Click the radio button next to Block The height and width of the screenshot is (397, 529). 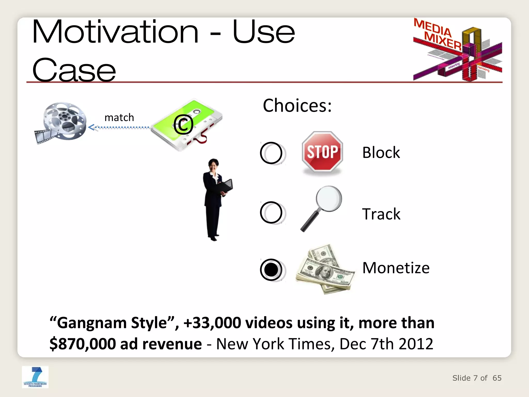[x=271, y=153]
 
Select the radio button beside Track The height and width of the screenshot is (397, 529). [x=271, y=212]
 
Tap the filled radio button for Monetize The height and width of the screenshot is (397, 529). [x=271, y=270]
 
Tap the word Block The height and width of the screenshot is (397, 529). [x=381, y=152]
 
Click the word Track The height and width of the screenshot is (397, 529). [x=381, y=214]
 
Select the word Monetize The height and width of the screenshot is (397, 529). [x=396, y=268]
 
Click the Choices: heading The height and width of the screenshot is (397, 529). [x=297, y=105]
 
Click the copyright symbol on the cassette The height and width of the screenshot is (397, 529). [x=183, y=125]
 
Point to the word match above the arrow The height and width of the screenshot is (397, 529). [x=119, y=118]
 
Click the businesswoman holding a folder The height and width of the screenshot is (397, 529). [x=215, y=199]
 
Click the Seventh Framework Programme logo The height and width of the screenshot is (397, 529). [x=35, y=377]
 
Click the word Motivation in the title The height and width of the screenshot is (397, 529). [x=115, y=32]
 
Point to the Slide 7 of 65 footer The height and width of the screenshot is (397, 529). [x=477, y=378]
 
